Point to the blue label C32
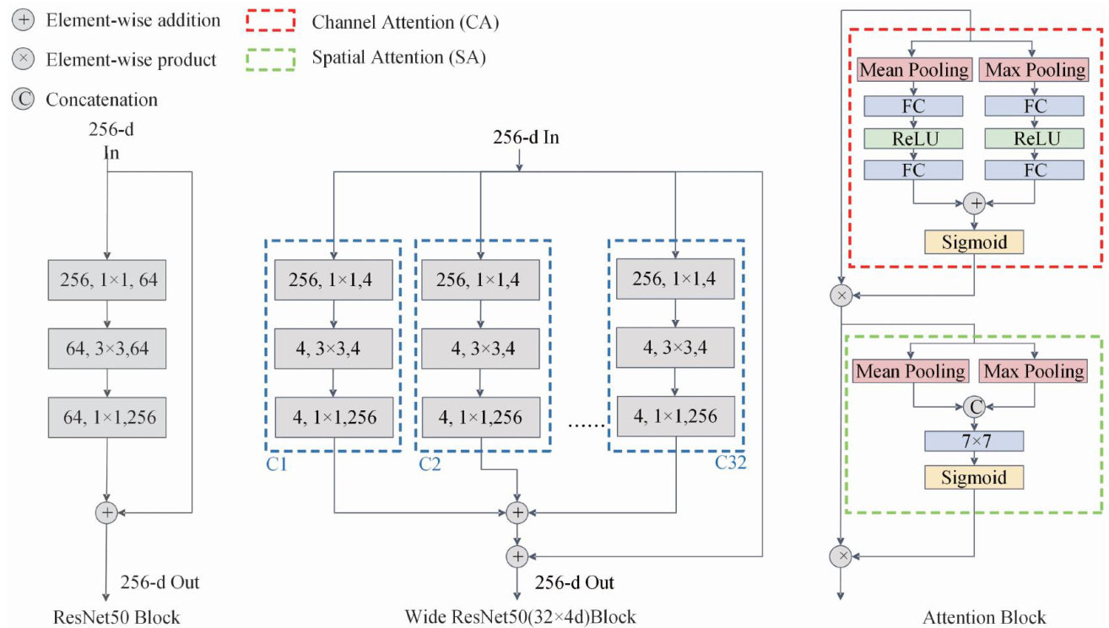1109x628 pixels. pyautogui.click(x=730, y=463)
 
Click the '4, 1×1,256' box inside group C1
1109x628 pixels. pyautogui.click(x=334, y=417)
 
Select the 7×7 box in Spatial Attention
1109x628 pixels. pyautogui.click(x=974, y=441)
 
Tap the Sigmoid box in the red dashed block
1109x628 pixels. pyautogui.click(x=974, y=242)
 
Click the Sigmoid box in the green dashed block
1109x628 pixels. pyautogui.click(x=974, y=477)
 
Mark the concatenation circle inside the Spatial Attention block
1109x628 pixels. pyautogui.click(x=974, y=407)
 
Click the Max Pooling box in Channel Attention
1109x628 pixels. pyautogui.click(x=1034, y=70)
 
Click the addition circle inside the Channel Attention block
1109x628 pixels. pyautogui.click(x=974, y=203)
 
